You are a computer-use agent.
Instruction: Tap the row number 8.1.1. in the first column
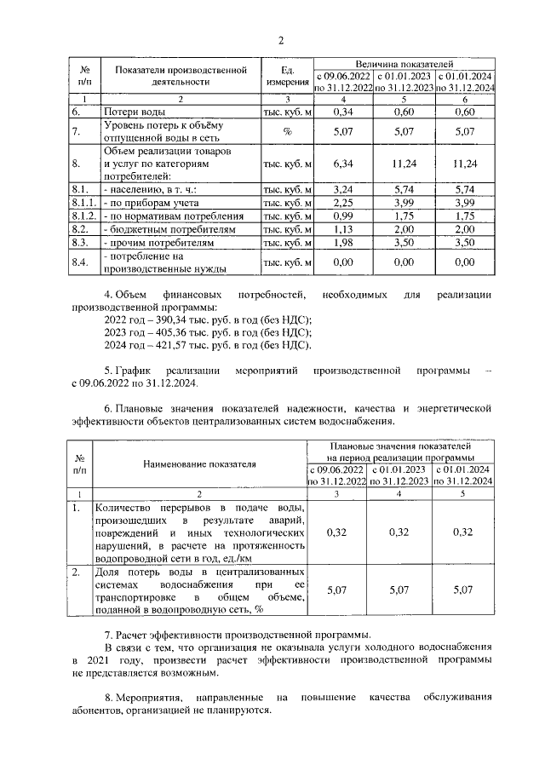[83, 204]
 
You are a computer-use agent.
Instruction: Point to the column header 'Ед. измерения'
[287, 76]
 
